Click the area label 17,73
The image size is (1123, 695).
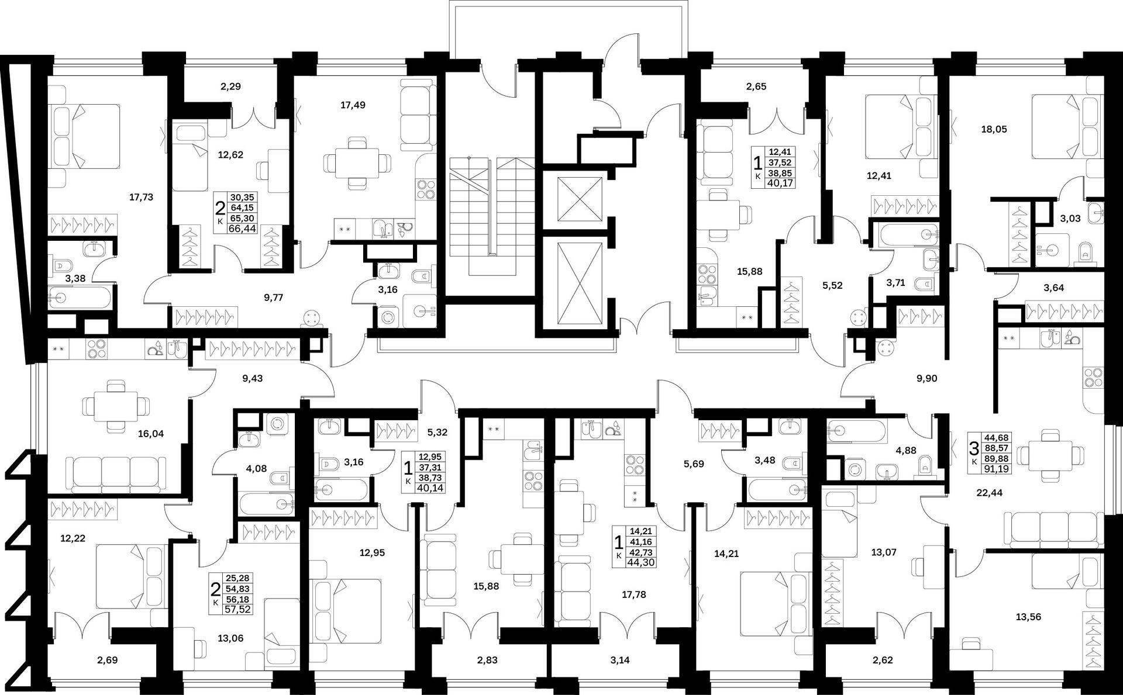click(x=141, y=197)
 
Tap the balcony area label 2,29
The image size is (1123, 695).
click(x=230, y=86)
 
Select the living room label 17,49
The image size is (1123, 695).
click(x=353, y=105)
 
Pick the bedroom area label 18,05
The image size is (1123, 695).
click(x=994, y=129)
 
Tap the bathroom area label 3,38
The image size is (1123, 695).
click(x=75, y=278)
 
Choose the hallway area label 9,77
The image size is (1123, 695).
click(x=273, y=297)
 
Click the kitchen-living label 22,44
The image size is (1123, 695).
click(x=989, y=493)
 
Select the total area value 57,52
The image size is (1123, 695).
click(x=237, y=609)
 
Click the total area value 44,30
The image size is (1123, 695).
click(x=640, y=562)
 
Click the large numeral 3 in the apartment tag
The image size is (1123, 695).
click(x=974, y=449)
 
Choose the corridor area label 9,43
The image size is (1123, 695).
click(x=252, y=378)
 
